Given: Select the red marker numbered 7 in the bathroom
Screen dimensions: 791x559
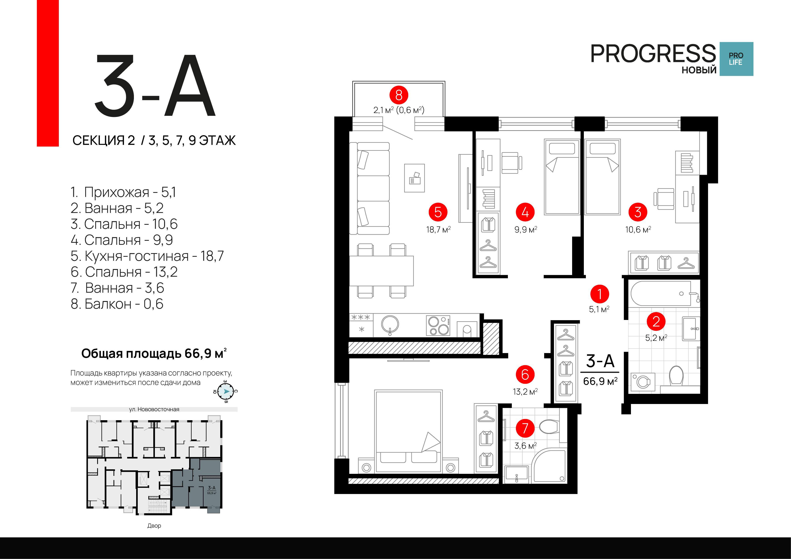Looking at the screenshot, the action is [525, 428].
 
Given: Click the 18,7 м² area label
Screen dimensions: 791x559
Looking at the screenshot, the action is [438, 229].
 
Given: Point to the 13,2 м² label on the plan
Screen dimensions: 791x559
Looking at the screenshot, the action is [525, 392].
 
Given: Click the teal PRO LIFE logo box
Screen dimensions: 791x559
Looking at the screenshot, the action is [736, 59].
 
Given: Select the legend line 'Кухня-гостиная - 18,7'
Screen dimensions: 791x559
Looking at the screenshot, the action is [147, 256].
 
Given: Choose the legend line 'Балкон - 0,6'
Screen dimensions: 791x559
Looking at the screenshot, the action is [117, 304].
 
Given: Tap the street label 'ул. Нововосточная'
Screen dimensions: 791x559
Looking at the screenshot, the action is [154, 409].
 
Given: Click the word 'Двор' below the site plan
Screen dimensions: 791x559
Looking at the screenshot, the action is [154, 526].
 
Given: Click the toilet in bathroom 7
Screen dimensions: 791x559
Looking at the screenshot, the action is [549, 427].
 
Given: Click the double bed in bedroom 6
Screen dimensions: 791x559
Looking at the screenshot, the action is [408, 431].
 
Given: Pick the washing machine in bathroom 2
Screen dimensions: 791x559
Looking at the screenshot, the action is [643, 382].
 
